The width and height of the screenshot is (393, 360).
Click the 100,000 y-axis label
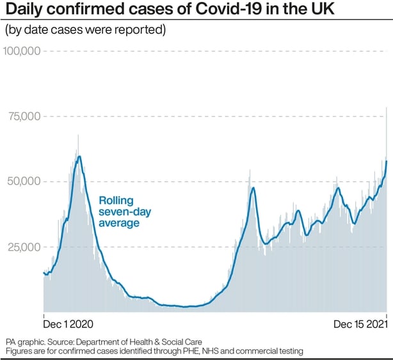(22, 51)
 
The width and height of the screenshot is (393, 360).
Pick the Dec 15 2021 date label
(360, 324)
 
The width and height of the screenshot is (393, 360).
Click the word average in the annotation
(119, 223)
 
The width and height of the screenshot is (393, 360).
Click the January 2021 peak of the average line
(79, 156)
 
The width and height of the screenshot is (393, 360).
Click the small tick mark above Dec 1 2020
(43, 315)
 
